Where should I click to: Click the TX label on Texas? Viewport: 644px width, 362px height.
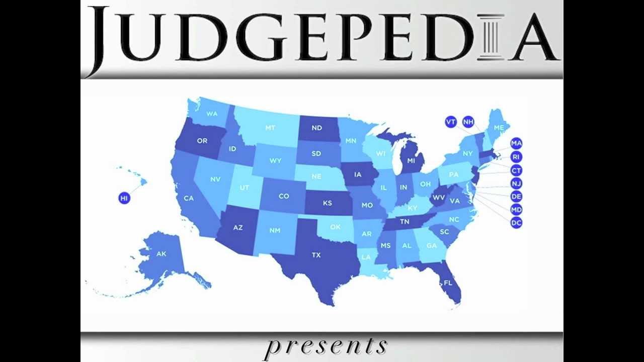click(x=316, y=255)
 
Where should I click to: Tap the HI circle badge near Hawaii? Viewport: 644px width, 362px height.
click(x=124, y=198)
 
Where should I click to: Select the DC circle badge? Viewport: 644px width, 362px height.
click(x=516, y=223)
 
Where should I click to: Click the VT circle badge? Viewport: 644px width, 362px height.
click(x=451, y=122)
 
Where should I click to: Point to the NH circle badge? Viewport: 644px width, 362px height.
click(x=468, y=122)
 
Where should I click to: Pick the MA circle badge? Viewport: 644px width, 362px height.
click(x=516, y=143)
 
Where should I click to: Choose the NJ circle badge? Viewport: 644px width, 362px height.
click(x=516, y=184)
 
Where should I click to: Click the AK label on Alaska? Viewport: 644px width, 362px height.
click(x=161, y=254)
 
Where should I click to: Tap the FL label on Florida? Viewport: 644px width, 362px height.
click(x=448, y=283)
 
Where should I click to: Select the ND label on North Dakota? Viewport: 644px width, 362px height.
click(x=316, y=128)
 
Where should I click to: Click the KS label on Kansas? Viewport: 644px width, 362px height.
click(x=327, y=203)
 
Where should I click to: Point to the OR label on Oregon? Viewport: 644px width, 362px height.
click(x=202, y=141)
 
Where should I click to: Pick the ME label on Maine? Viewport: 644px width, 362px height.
click(x=499, y=128)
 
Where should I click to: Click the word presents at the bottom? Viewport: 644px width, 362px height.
click(x=326, y=346)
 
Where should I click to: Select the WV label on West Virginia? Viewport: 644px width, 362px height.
click(x=439, y=198)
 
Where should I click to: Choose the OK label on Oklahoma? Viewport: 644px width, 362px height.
click(x=335, y=227)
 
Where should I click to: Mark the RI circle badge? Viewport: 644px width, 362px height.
click(x=516, y=157)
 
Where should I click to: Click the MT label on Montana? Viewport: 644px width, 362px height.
click(x=270, y=128)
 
